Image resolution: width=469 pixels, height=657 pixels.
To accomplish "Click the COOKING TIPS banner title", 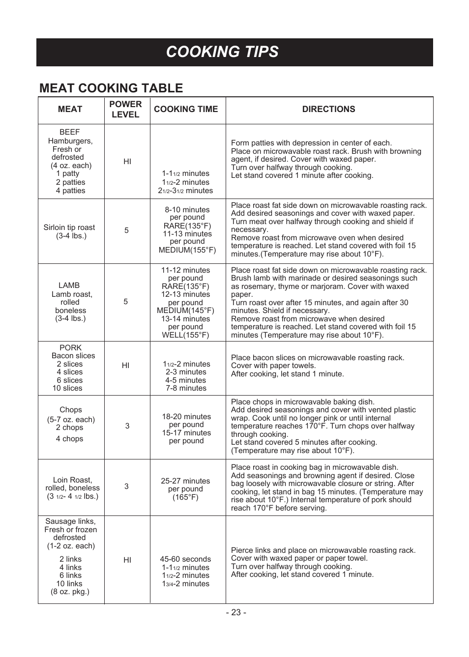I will coord(222,52).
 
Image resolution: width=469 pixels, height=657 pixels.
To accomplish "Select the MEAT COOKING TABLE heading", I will coord(111,88).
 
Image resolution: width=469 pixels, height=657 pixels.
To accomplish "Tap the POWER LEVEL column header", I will coord(125,109).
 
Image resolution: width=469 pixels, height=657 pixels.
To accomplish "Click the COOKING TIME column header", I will coord(186,109).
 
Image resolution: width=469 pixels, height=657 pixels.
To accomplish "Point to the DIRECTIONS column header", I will coord(328,109).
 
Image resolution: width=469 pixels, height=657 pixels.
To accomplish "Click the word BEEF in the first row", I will coord(69,132).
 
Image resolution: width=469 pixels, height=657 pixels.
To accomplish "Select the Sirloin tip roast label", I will coord(69,228).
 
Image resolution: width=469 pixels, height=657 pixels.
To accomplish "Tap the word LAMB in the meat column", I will coord(69,286).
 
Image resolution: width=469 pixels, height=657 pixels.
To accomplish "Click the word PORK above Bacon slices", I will coord(70,348).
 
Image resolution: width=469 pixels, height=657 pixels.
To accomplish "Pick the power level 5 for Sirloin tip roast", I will coord(126,230).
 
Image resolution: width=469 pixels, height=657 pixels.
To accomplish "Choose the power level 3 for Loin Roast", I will coord(126,486).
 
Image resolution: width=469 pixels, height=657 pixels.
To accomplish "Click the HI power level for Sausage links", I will coord(127,560).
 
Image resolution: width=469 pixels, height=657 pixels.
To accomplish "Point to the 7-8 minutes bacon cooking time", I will coord(186,388).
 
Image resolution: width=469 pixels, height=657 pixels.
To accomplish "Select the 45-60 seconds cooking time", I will coord(185,559).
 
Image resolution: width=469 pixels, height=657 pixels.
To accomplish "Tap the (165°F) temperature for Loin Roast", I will coord(185,497).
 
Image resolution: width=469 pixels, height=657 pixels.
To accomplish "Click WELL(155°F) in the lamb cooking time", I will coord(185,335).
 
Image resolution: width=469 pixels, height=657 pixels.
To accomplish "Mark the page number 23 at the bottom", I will coord(236,612).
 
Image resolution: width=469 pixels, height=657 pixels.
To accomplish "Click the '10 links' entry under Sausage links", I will coord(69,584).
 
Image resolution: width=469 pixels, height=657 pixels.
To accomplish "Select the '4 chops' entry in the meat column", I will coord(69,439).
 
